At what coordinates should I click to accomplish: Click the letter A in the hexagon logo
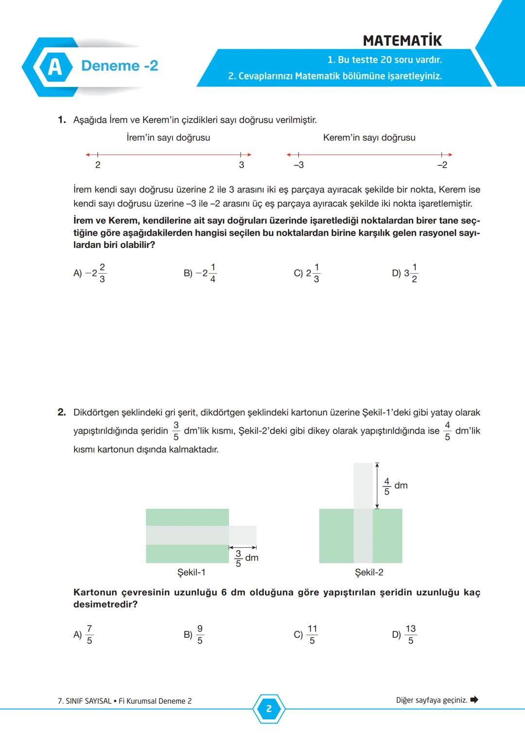point(54,67)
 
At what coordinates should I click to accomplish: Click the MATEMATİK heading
point(402,40)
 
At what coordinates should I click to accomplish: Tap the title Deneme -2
point(120,66)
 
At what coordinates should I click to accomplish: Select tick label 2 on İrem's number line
point(98,165)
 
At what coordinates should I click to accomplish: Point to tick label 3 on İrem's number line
point(242,165)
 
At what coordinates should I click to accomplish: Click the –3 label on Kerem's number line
point(298,165)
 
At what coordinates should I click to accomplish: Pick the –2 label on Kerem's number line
point(442,165)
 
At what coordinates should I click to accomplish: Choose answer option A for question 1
point(90,273)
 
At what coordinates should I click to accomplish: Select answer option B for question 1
point(200,273)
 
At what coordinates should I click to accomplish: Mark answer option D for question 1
point(405,273)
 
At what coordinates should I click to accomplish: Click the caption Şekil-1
point(191,573)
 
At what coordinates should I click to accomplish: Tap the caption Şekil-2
point(369,573)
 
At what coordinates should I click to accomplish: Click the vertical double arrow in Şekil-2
point(377,486)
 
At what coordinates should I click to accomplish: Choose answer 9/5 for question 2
point(194,634)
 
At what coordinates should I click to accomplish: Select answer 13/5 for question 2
point(405,634)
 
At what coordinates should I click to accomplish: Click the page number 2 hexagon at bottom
point(269,709)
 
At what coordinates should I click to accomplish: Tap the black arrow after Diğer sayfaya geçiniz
point(474,700)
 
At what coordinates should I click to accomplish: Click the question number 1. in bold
point(62,120)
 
